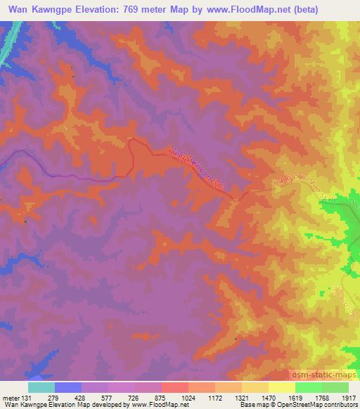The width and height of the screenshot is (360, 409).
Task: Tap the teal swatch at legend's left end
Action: tap(41, 387)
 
